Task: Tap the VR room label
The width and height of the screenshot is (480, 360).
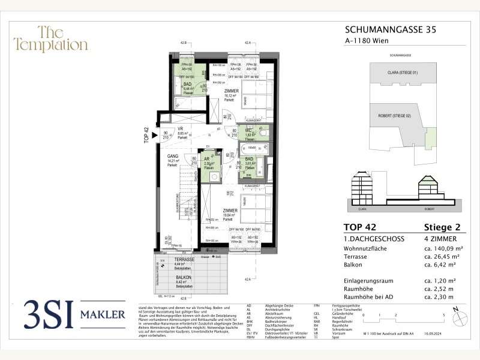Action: coord(180,128)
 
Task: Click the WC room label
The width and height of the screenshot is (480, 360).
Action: coord(248,130)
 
